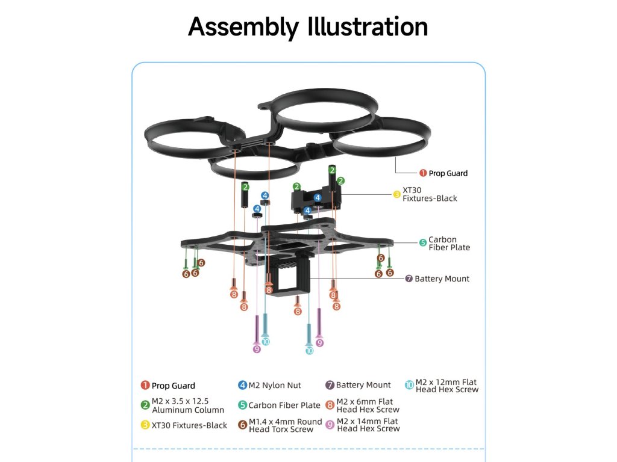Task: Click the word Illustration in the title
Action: tap(368, 27)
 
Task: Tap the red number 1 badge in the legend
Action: tap(145, 386)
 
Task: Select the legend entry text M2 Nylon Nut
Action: tap(275, 385)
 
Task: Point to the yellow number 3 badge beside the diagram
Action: tap(396, 194)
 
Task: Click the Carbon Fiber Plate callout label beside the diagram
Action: tap(449, 244)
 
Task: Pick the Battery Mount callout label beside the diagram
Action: tap(442, 279)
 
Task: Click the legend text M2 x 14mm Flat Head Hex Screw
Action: tap(368, 425)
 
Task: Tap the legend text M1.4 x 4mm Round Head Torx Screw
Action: tap(285, 425)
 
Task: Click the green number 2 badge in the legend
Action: tap(145, 405)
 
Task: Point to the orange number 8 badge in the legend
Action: tap(330, 405)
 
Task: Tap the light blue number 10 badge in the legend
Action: tap(409, 386)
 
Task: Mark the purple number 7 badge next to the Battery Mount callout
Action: tap(409, 279)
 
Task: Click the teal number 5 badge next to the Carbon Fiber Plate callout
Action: tap(423, 243)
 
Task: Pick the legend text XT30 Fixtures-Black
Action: tap(189, 425)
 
